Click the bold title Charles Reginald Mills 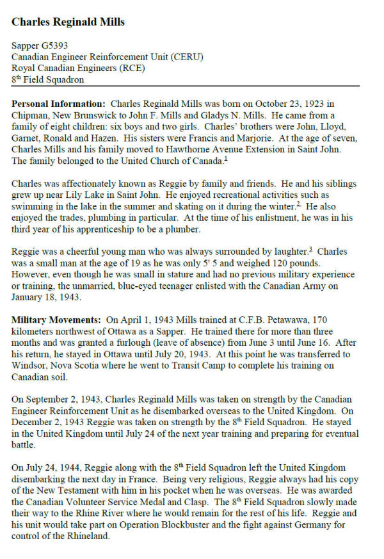[68, 22]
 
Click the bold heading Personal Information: [59, 104]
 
